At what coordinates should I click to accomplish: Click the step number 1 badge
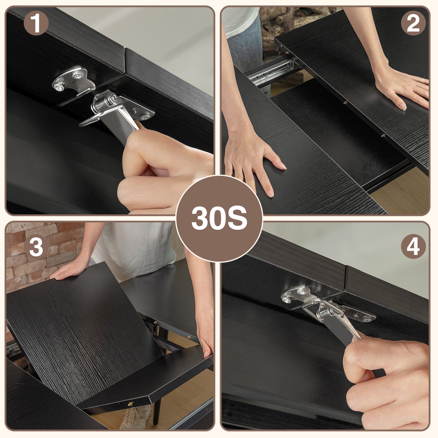pyautogui.click(x=36, y=23)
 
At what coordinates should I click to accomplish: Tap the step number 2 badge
pyautogui.click(x=413, y=23)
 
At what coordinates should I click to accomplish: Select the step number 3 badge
pyautogui.click(x=36, y=246)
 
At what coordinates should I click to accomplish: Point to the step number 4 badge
pyautogui.click(x=413, y=246)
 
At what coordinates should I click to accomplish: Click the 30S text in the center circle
pyautogui.click(x=219, y=218)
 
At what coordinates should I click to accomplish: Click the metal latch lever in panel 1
pyautogui.click(x=117, y=117)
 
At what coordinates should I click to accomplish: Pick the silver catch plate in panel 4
pyautogui.click(x=298, y=295)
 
